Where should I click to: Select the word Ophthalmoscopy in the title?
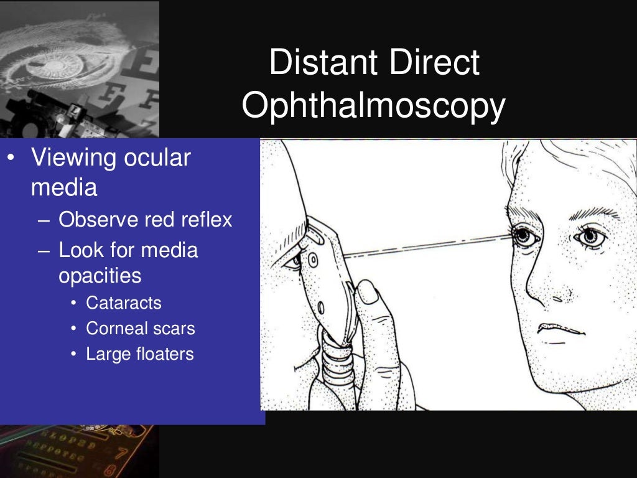click(373, 106)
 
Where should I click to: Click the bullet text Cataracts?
click(124, 303)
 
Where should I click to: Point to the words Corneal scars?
click(141, 329)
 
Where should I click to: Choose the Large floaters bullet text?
click(140, 354)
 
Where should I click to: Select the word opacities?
click(100, 276)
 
